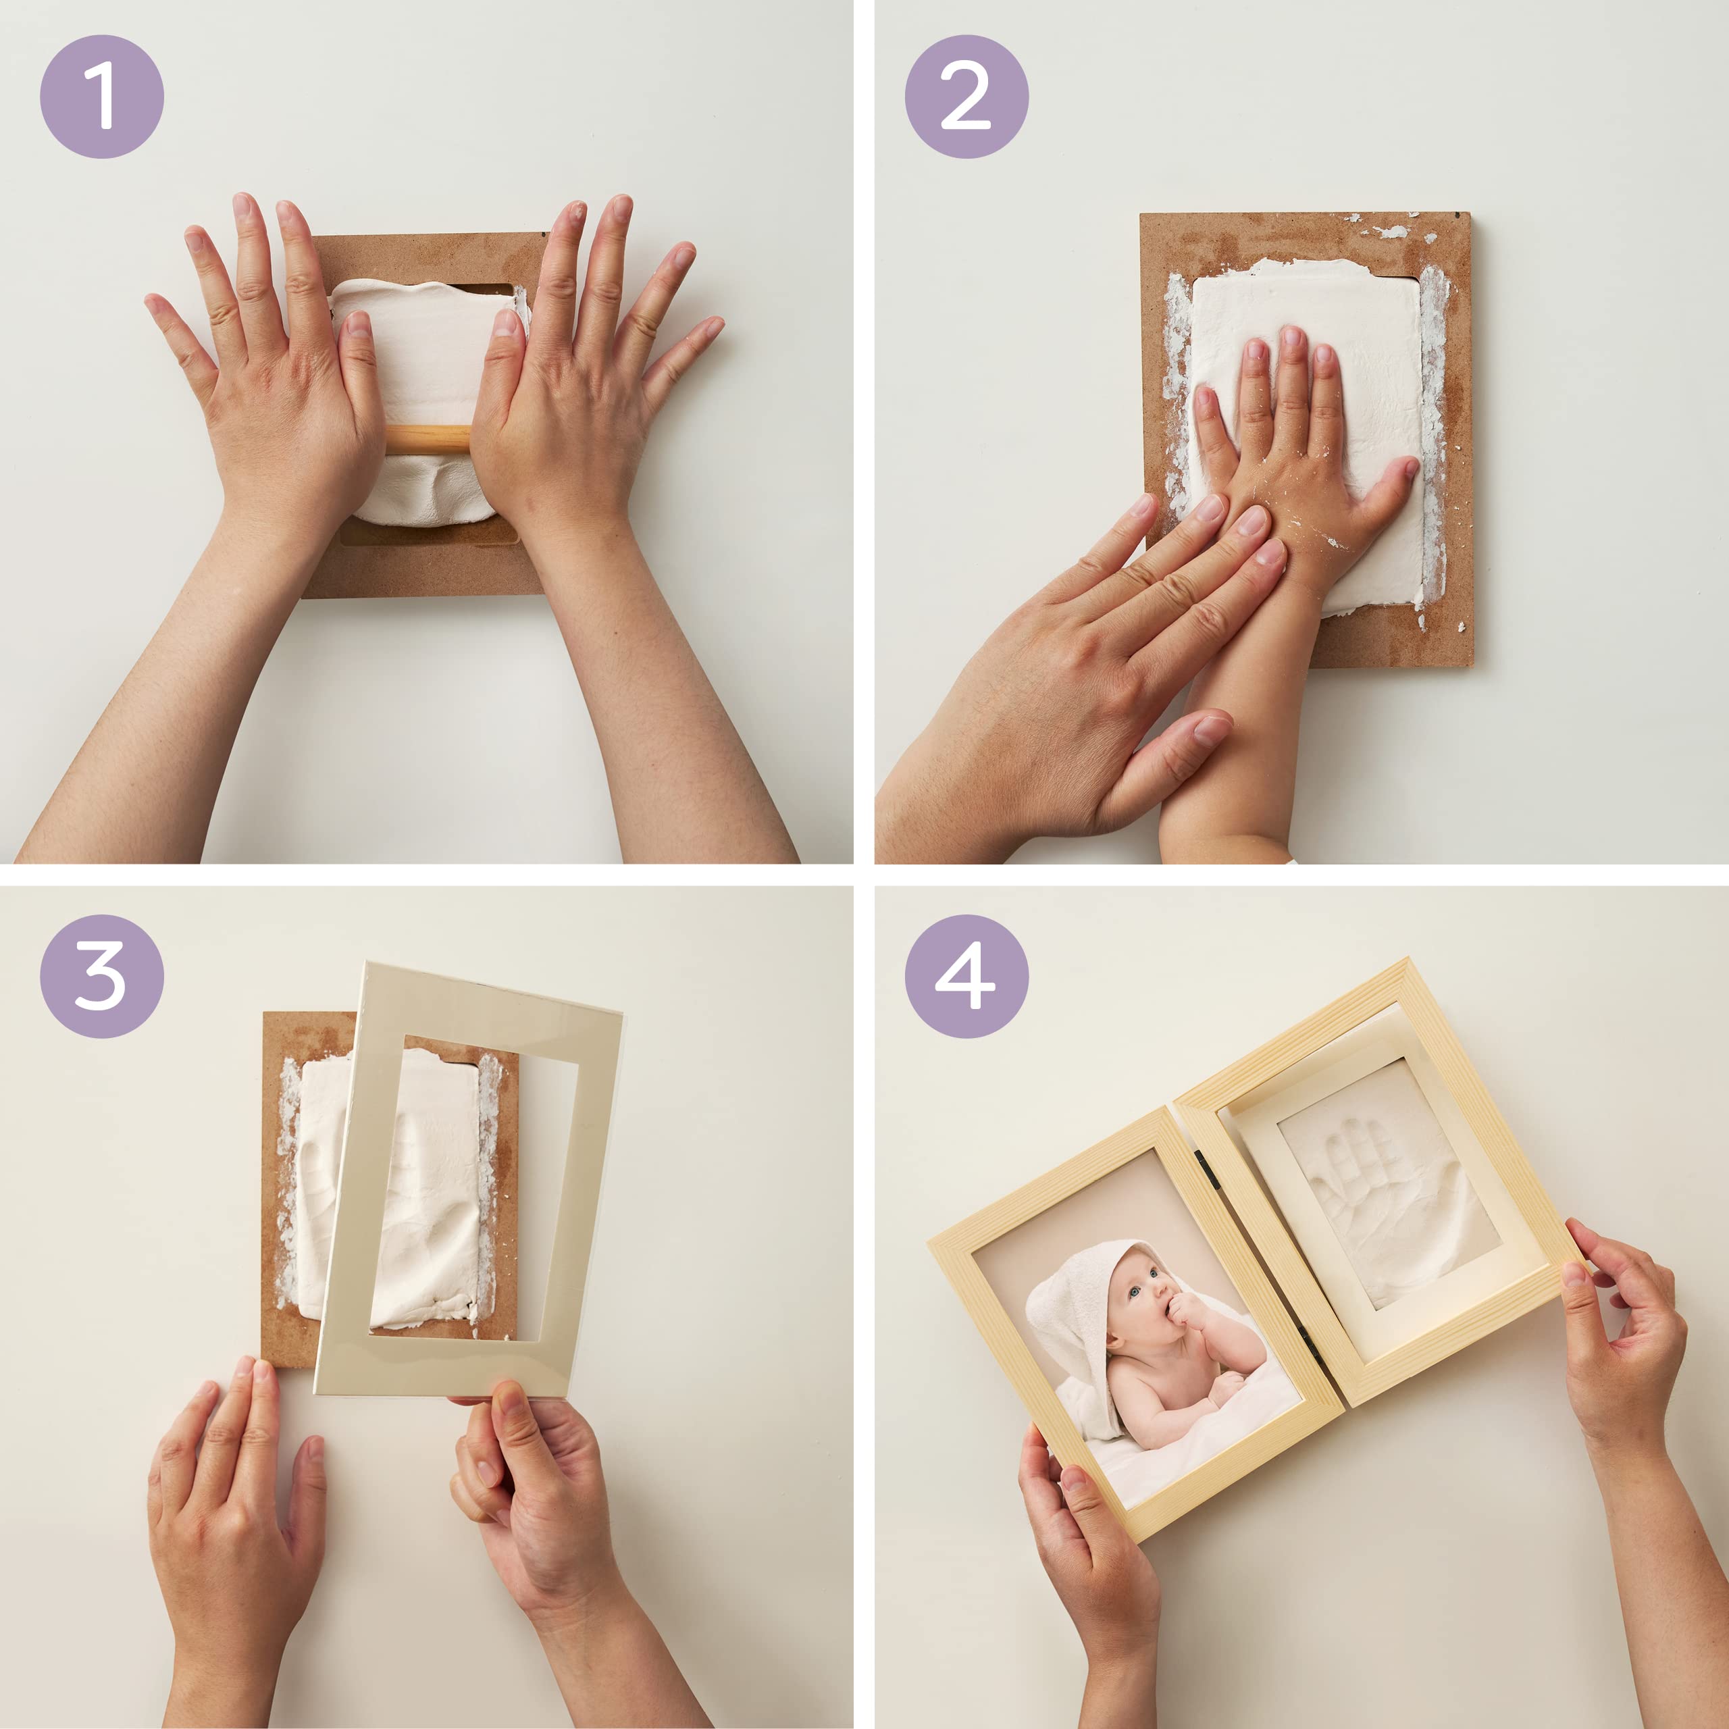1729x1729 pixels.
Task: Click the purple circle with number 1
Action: coord(101,97)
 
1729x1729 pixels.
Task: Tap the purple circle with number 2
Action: coord(966,97)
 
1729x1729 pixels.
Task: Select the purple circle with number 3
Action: coord(101,977)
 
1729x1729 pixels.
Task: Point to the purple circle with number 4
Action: coord(966,977)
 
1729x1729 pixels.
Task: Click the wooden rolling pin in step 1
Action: coord(428,438)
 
